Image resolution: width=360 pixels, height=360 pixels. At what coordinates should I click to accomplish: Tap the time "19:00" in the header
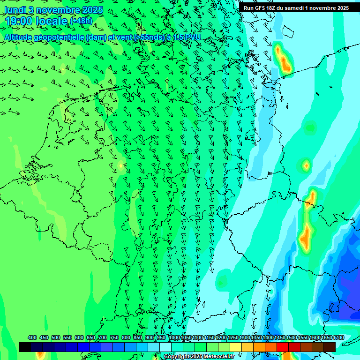pos(19,21)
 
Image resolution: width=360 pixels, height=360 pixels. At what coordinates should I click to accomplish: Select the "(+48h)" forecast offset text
pos(81,21)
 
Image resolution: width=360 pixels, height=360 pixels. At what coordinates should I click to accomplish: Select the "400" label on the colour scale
pos(32,337)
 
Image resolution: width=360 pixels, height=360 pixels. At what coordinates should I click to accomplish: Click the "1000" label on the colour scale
pos(174,337)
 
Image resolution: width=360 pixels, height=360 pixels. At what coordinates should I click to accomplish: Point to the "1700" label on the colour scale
pos(338,337)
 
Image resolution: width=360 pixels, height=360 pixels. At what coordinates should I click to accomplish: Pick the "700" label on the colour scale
pos(103,337)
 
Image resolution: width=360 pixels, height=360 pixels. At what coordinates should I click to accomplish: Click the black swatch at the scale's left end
pos(25,347)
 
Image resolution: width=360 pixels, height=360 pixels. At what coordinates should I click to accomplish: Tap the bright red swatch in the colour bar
pos(283,347)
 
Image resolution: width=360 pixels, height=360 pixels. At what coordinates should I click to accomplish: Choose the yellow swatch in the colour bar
pos(236,347)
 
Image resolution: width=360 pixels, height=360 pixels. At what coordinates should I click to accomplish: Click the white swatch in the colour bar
pos(165,347)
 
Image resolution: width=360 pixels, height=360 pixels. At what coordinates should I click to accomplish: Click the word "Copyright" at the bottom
pos(176,357)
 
